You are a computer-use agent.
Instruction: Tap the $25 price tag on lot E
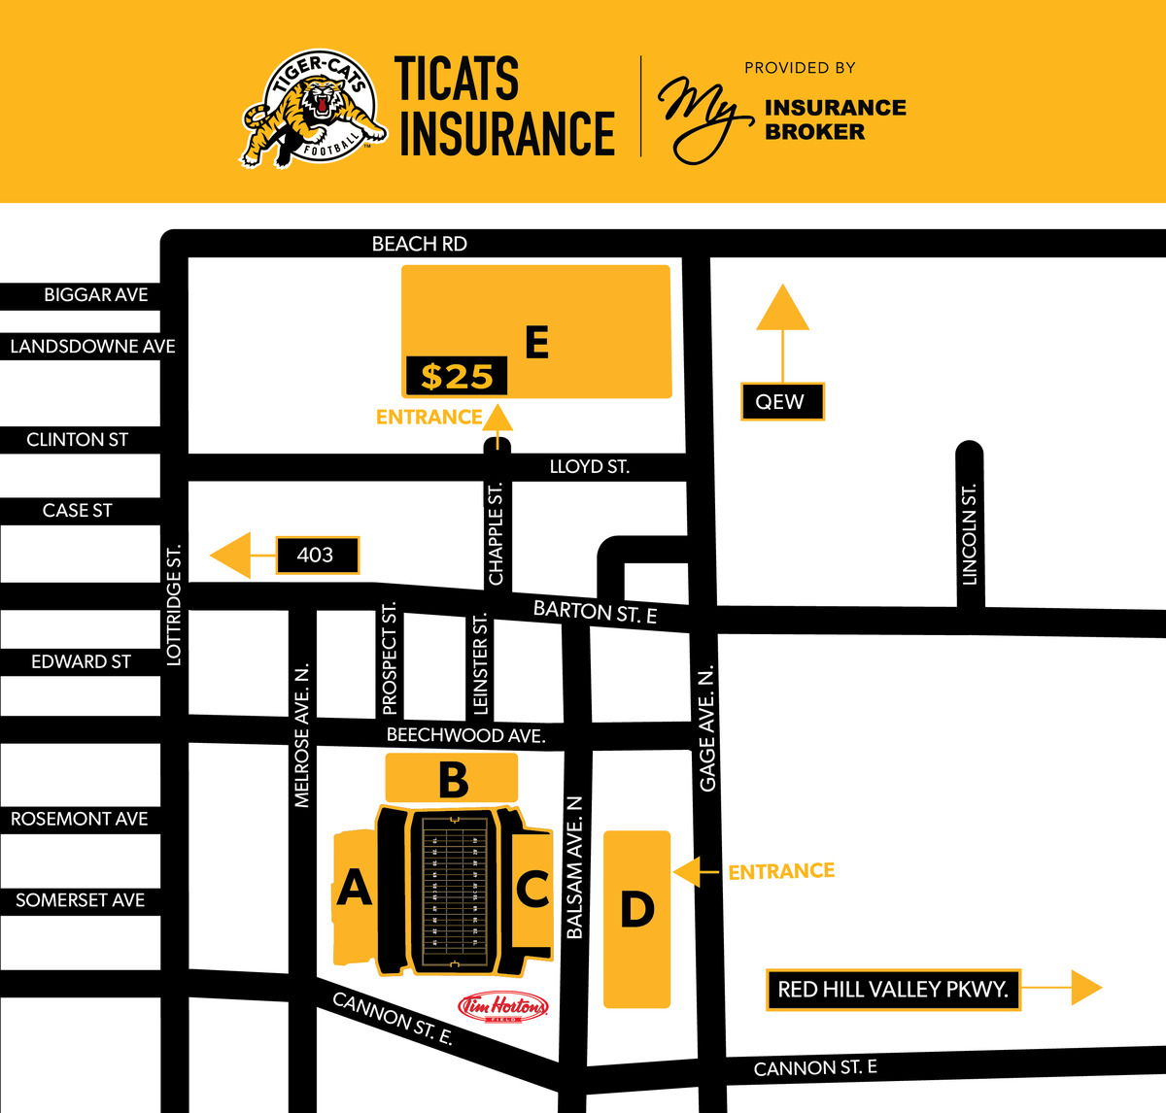coord(457,376)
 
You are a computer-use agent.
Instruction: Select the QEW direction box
coord(781,401)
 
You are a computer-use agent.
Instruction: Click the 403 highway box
coord(317,555)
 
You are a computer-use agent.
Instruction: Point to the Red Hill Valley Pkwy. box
coord(892,990)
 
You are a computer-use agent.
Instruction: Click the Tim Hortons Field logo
coord(503,1007)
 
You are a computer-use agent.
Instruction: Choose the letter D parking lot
coord(637,911)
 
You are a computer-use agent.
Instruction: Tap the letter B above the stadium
coord(453,779)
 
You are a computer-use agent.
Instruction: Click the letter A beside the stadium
coord(354,888)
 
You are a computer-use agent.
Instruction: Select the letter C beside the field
coord(532,889)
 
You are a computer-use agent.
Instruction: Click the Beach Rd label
coord(420,244)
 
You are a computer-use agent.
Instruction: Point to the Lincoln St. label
coord(969,534)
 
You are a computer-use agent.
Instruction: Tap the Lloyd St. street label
coord(589,467)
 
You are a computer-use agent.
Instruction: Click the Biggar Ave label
coord(95,295)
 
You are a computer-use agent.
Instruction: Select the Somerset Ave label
coord(80,900)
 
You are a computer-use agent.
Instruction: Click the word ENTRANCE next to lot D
coord(781,871)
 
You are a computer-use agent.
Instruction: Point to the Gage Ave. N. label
coord(707,728)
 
